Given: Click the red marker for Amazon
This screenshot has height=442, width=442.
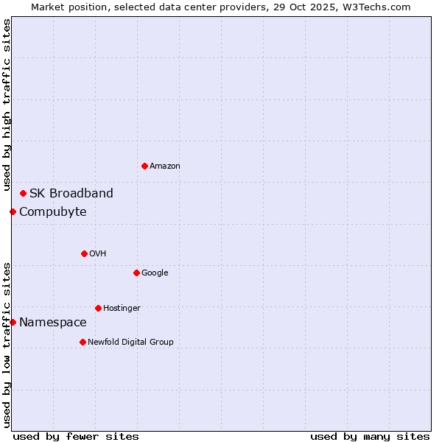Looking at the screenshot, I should point(144,166).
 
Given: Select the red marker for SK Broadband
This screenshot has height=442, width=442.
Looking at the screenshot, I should point(24,193).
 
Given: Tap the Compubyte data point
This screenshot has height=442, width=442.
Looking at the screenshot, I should point(13,211).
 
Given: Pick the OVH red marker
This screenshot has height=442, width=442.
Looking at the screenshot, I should point(84,253).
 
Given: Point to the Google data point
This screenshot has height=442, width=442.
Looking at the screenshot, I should point(136,273).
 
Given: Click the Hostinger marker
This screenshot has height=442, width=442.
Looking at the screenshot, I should point(98,308).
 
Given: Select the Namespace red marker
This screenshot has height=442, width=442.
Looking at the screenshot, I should point(13,322).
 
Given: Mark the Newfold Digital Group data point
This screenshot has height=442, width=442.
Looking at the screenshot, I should point(83,342).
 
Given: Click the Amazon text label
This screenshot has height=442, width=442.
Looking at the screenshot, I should point(165,166).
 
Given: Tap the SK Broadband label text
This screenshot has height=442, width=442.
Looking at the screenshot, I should point(71,194).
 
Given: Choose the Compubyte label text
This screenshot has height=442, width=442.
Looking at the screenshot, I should point(53,212).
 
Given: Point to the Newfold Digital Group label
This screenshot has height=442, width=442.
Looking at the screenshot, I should point(131,342).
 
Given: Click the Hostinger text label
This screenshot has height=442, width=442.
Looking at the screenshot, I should point(122,308).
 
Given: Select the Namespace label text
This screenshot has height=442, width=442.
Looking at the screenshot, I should point(53,323).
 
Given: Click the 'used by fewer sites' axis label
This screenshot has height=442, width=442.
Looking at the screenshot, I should point(76,436).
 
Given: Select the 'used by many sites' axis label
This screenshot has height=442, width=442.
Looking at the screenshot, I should point(370,436).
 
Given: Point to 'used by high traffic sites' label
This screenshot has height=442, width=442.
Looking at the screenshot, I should point(7,105).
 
